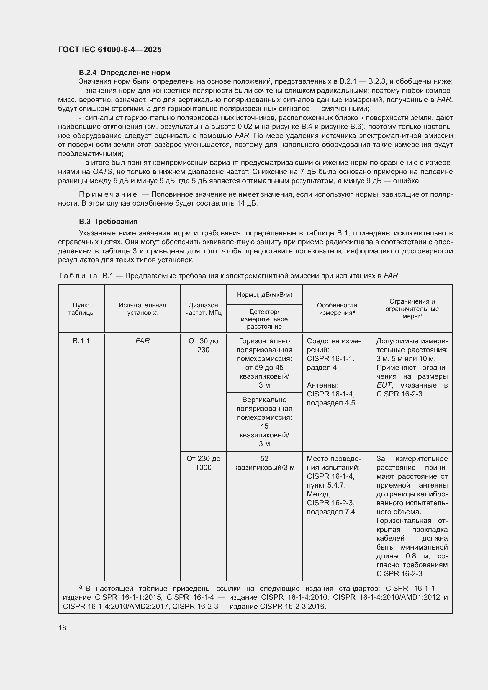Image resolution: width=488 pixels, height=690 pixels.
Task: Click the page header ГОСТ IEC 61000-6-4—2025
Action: [x=110, y=50]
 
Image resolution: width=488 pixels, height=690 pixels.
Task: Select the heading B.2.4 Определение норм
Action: [x=125, y=73]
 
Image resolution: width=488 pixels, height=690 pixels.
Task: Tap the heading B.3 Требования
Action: [x=108, y=222]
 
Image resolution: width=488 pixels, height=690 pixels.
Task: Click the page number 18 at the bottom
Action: [x=62, y=627]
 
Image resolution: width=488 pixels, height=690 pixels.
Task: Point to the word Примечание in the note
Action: [x=108, y=194]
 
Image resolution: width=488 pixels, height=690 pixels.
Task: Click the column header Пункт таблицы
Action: [x=81, y=309]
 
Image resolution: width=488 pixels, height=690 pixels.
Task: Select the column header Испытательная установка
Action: [x=142, y=309]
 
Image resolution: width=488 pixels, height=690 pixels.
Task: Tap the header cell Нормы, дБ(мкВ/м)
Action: [x=264, y=294]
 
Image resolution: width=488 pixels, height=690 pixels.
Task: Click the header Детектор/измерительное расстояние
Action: [x=264, y=319]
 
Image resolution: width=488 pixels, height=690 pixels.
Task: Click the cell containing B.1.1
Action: [x=81, y=341]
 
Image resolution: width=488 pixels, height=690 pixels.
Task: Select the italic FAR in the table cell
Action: [x=142, y=341]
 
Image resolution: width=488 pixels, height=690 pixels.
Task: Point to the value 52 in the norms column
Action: [x=264, y=459]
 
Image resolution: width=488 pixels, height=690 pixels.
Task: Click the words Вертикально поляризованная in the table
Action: [x=264, y=404]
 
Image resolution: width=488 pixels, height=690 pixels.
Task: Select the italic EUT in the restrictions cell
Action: [x=384, y=385]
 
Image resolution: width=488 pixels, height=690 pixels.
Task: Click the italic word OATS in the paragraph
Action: [x=102, y=172]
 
